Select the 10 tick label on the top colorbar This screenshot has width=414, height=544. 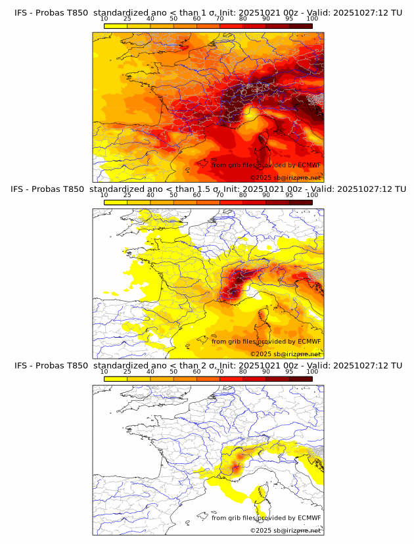click(104, 18)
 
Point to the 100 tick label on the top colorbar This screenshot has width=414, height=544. click(312, 18)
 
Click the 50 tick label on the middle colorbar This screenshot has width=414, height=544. click(173, 194)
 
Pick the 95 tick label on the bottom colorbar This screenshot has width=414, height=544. click(289, 371)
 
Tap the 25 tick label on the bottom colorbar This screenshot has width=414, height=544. click(127, 371)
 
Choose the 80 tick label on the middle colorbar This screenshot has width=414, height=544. click(243, 194)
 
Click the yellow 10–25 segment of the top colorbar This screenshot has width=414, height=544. click(116, 26)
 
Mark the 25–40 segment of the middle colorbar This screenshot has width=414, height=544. click(139, 202)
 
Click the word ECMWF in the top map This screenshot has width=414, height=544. click(309, 165)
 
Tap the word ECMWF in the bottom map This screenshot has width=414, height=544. click(309, 518)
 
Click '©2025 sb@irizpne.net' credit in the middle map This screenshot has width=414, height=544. click(285, 353)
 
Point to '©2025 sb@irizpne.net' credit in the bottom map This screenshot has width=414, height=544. click(285, 530)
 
